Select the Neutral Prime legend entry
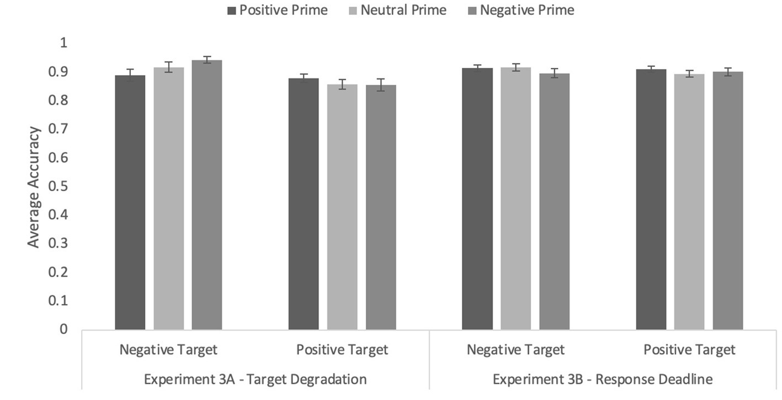(x=397, y=10)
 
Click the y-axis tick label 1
(x=63, y=43)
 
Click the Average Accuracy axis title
(x=34, y=187)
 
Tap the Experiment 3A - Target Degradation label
(x=255, y=380)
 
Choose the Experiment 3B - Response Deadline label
(x=603, y=380)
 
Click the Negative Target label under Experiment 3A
(x=168, y=350)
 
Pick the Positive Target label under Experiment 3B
(x=689, y=350)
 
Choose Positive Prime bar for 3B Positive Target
(x=651, y=199)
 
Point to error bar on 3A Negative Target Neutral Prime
(x=168, y=67)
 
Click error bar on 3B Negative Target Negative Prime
(x=554, y=73)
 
